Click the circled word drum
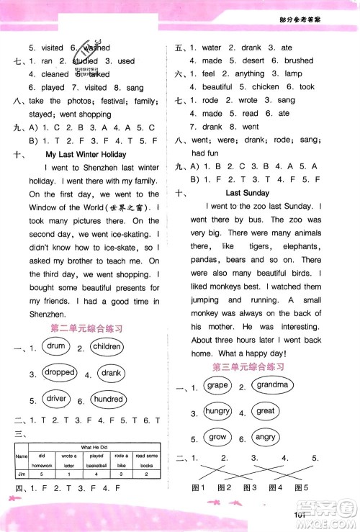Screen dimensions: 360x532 (x=56, y=347)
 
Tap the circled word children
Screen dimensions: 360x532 (x=107, y=347)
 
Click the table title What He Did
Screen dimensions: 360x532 (x=96, y=447)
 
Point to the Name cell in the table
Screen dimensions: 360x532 (x=22, y=456)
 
